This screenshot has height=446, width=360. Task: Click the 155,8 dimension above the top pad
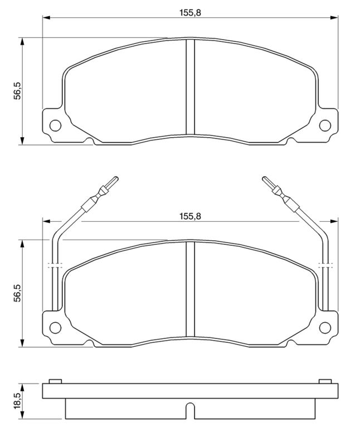(190, 12)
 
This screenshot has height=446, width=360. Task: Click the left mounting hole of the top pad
(55, 125)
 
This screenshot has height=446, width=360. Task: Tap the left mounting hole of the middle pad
(55, 328)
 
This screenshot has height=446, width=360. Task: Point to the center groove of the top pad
(190, 87)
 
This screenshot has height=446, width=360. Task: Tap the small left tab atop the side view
(54, 381)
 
